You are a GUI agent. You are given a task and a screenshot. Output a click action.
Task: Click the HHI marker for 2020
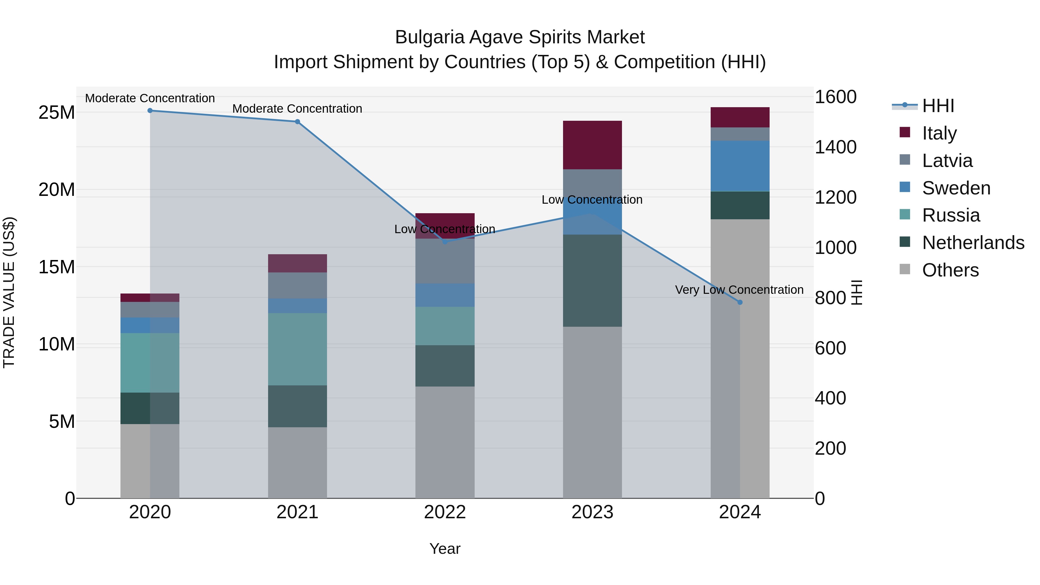coord(150,110)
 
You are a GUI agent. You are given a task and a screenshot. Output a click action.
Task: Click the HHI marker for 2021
coord(297,122)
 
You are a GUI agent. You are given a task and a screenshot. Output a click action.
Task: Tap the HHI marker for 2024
coord(740,302)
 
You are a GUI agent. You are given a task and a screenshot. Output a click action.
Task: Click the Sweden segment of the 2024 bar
coord(740,166)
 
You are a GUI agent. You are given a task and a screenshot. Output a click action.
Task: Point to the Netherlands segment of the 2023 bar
coord(592,280)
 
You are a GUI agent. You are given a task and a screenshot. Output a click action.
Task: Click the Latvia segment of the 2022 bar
coord(445,261)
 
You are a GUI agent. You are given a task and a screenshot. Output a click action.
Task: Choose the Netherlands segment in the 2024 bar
coord(740,205)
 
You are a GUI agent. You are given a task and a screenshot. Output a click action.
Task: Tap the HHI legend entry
coord(937,106)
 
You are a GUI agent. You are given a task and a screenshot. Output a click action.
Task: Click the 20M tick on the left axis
coord(57,189)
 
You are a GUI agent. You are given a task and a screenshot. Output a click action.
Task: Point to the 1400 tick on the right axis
coord(835,147)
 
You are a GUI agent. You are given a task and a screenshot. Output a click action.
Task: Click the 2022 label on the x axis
coord(445,512)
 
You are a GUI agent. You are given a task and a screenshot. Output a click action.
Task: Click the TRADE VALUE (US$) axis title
coord(9,292)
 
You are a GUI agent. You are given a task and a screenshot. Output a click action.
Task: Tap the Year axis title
coord(445,549)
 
